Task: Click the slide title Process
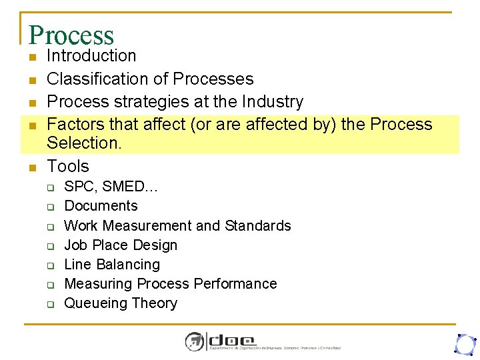click(x=71, y=35)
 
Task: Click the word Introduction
click(x=91, y=56)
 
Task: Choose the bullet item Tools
click(x=68, y=166)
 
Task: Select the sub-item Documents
click(x=101, y=206)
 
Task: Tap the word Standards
click(x=258, y=225)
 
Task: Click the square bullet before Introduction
click(x=32, y=57)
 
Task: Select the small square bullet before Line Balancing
click(x=51, y=265)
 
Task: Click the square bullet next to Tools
click(x=32, y=167)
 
